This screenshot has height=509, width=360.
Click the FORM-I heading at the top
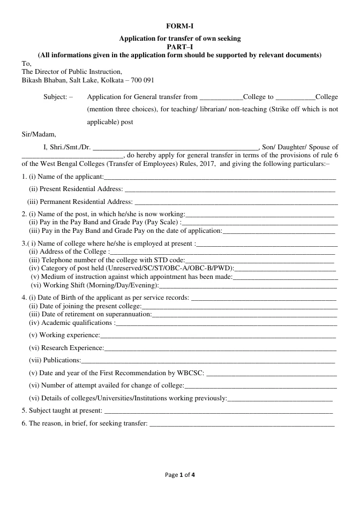tap(179, 26)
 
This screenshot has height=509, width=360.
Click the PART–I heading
tap(179, 47)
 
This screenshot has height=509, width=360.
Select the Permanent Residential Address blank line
tap(236, 202)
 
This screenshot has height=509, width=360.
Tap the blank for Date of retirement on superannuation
tap(245, 315)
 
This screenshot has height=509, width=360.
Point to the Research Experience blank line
tap(220, 348)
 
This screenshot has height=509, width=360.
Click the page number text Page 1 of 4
tap(180, 474)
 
